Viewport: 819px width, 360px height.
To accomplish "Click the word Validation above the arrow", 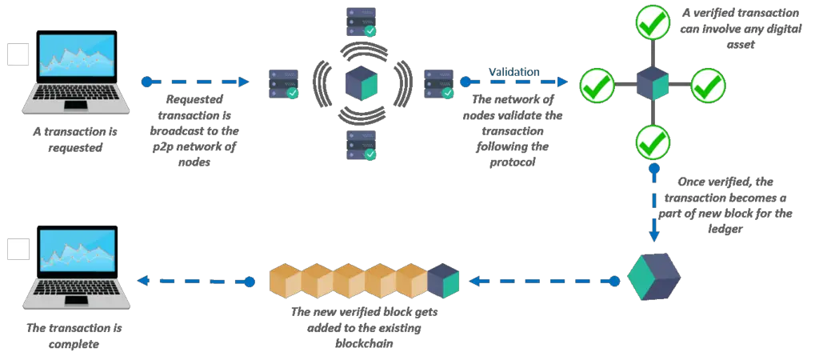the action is click(514, 71).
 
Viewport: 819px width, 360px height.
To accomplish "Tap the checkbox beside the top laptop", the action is click(18, 54).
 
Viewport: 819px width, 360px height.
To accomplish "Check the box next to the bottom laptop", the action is click(18, 250).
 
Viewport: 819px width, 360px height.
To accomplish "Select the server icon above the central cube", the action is click(362, 22).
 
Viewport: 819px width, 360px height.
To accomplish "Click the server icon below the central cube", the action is click(362, 146).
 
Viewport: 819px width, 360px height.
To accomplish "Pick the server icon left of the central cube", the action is click(284, 84).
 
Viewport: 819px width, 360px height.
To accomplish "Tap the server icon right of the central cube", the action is click(439, 84).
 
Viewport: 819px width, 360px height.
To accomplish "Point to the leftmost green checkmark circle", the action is click(597, 85).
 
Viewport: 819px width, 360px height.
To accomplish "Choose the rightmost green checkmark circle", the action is click(709, 85).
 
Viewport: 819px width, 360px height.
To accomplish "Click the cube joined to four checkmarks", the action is click(653, 83).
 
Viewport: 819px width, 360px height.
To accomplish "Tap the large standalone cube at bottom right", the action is click(653, 277).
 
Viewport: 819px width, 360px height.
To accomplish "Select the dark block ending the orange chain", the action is click(443, 281).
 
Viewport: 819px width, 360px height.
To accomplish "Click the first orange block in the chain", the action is click(286, 281).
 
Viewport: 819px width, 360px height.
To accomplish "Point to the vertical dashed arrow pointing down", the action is click(653, 205).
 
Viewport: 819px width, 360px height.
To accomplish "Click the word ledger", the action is click(727, 229).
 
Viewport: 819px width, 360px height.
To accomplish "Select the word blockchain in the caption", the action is click(363, 344).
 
